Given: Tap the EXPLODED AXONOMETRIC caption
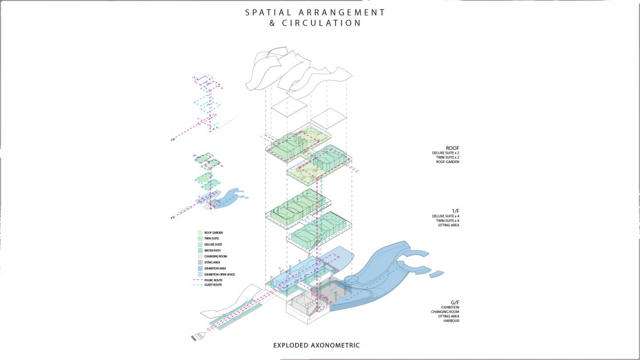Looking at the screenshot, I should point(316,345).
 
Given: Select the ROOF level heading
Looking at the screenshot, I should point(452,148).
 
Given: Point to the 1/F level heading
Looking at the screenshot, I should point(455,211).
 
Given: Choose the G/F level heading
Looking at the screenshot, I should point(455,302).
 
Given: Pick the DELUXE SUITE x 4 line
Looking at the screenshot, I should point(445,216).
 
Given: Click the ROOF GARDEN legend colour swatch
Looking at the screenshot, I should point(200,232).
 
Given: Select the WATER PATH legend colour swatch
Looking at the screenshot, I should point(200,250).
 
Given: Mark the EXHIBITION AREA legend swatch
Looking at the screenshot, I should point(200,268).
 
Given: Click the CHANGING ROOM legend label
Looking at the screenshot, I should point(216,256).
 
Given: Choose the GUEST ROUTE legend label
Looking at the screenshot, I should point(213,285).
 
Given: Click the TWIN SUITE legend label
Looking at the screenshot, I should point(212,239).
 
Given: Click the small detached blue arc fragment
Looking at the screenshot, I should point(437,273).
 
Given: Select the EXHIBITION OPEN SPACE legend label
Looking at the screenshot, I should point(220,275).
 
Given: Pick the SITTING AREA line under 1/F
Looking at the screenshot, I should point(449,225).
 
